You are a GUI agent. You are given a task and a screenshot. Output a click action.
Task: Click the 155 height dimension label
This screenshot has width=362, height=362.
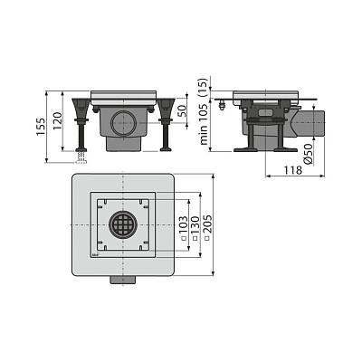pyautogui.click(x=41, y=127)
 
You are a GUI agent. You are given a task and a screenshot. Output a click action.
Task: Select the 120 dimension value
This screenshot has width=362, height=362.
pyautogui.click(x=57, y=121)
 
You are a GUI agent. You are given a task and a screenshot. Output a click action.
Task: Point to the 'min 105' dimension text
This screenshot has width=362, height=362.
pyautogui.click(x=204, y=124)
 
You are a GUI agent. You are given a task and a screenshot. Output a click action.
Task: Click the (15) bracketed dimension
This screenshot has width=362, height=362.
pyautogui.click(x=204, y=88)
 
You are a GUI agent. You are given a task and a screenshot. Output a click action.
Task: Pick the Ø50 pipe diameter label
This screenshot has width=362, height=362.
pyautogui.click(x=308, y=155)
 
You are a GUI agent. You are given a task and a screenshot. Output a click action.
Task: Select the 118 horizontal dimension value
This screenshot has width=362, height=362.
pyautogui.click(x=292, y=170)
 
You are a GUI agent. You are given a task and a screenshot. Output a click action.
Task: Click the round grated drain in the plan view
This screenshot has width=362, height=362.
pyautogui.click(x=123, y=225)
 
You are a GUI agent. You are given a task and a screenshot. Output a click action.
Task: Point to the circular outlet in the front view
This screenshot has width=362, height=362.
pyautogui.click(x=123, y=124)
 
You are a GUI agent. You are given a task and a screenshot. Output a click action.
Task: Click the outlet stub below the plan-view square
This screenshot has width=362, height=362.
pyautogui.click(x=123, y=280)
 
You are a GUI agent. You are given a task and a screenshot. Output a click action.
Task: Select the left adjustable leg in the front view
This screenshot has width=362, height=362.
pyautogui.click(x=81, y=124)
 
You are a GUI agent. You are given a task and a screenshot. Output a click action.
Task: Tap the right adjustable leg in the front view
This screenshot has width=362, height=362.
pyautogui.click(x=166, y=124)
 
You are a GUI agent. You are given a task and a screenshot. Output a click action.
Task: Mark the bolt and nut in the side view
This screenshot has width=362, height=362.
pyautogui.click(x=223, y=105)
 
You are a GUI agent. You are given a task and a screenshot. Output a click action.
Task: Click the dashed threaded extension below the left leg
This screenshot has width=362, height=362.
pyautogui.click(x=81, y=157)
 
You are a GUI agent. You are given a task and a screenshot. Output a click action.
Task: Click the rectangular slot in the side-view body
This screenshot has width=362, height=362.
pyautogui.click(x=265, y=113)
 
